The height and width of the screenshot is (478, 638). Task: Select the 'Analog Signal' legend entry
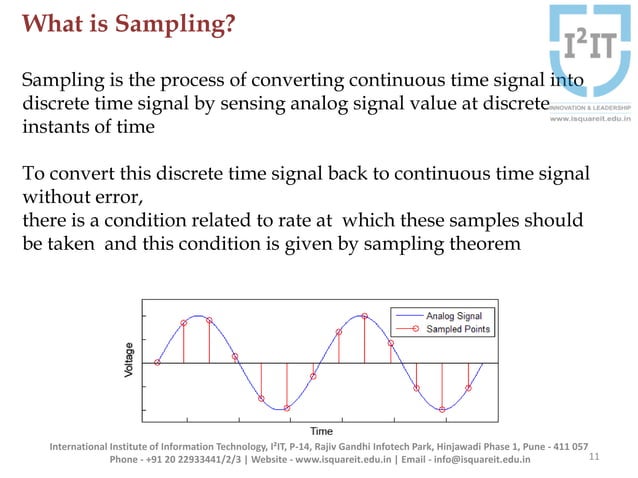point(454,315)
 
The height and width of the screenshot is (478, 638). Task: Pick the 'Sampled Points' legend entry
point(458,328)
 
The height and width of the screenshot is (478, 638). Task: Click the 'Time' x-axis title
point(321,431)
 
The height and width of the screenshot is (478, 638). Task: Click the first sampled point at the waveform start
point(157,362)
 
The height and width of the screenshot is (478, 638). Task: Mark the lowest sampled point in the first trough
point(287,408)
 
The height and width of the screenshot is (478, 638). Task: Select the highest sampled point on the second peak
point(365,317)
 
